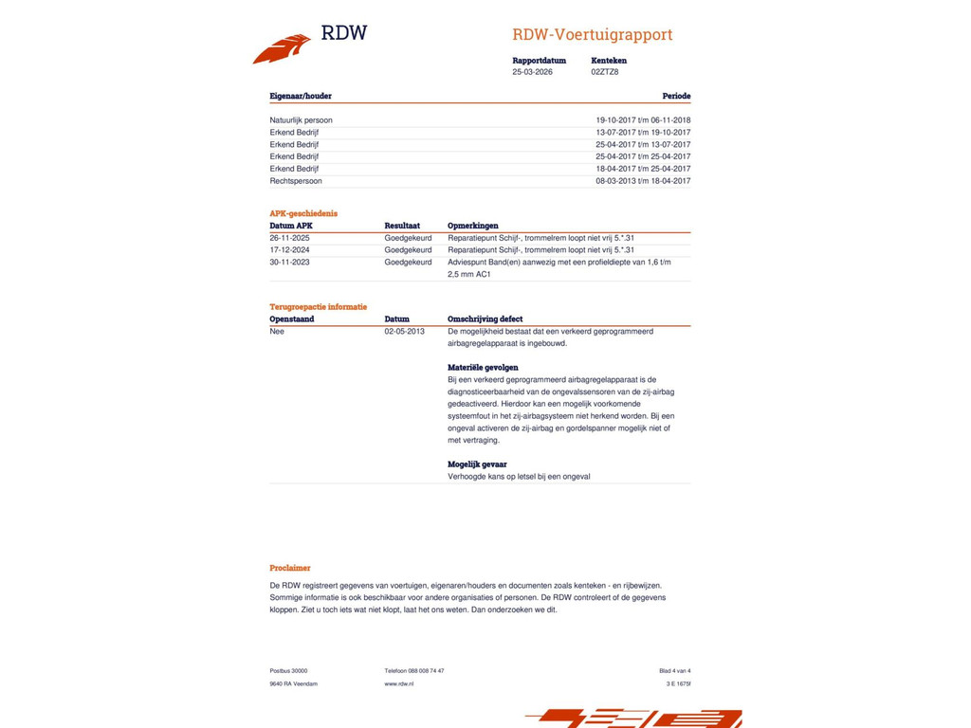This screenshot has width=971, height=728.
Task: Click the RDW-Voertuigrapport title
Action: pyautogui.click(x=592, y=35)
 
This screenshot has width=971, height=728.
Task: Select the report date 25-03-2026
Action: pyautogui.click(x=532, y=72)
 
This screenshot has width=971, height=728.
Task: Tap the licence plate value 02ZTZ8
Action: pyautogui.click(x=604, y=72)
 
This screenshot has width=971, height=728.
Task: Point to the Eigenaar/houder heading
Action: pyautogui.click(x=301, y=96)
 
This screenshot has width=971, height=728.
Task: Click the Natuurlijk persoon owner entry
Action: pyautogui.click(x=301, y=120)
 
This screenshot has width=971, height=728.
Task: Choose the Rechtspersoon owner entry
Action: pyautogui.click(x=296, y=181)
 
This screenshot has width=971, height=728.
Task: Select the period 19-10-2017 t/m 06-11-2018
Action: pyautogui.click(x=643, y=120)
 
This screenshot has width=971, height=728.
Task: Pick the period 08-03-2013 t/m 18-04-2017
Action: pyautogui.click(x=643, y=181)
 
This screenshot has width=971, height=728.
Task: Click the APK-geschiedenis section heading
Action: pyautogui.click(x=303, y=213)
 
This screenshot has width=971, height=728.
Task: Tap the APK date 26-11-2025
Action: pyautogui.click(x=289, y=238)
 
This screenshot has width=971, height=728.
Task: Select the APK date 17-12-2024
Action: pyautogui.click(x=289, y=250)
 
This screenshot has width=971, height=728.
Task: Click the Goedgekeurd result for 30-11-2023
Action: pyautogui.click(x=408, y=263)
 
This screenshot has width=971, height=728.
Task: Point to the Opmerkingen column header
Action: pyautogui.click(x=472, y=226)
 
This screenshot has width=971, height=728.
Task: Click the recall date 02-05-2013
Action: pyautogui.click(x=404, y=332)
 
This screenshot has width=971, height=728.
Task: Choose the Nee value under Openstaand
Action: pyautogui.click(x=277, y=332)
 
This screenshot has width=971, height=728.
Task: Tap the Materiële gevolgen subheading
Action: pyautogui.click(x=483, y=367)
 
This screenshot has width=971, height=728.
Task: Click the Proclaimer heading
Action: pyautogui.click(x=290, y=568)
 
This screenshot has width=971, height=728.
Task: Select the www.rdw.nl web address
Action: pyautogui.click(x=398, y=683)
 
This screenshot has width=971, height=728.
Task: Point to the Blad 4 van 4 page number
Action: pyautogui.click(x=674, y=671)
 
